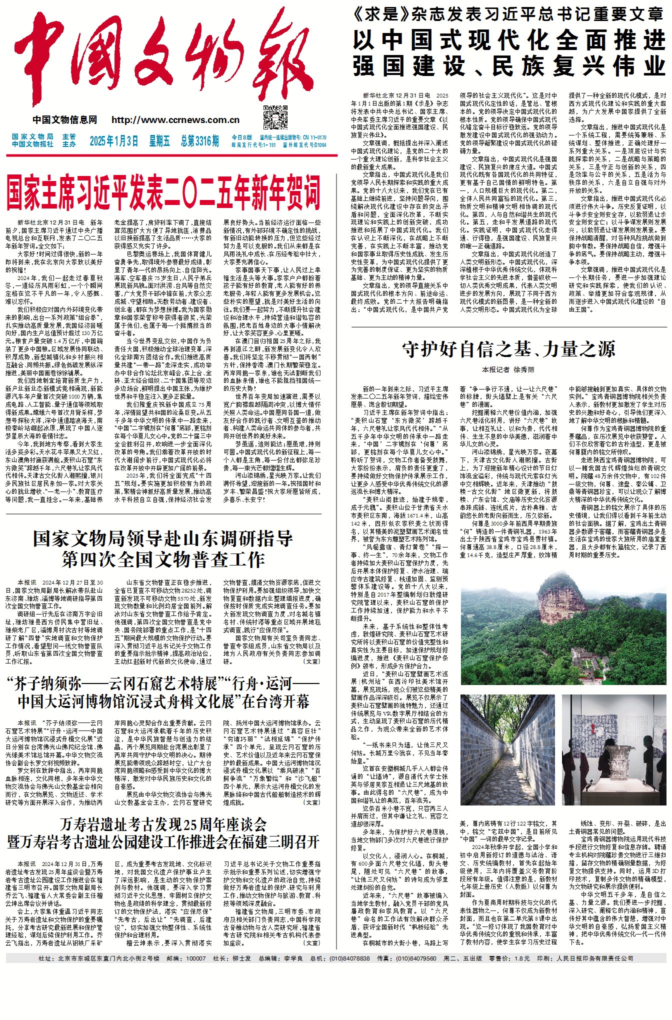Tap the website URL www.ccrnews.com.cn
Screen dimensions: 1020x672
[x=175, y=120]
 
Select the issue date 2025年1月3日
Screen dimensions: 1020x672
[x=113, y=141]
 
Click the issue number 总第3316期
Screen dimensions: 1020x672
[x=199, y=141]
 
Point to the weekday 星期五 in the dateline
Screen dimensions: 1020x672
[x=159, y=141]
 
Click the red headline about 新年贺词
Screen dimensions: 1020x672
[x=163, y=192]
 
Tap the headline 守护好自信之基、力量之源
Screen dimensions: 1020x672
[x=508, y=349]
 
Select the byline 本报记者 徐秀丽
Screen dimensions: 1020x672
[x=508, y=369]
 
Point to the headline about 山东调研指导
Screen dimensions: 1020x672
[x=163, y=548]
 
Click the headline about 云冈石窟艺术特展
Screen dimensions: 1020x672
[x=163, y=692]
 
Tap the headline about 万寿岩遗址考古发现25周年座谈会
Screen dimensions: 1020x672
[x=163, y=832]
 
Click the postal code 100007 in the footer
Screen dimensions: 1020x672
[x=195, y=958]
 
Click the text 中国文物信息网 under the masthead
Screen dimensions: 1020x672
[x=65, y=120]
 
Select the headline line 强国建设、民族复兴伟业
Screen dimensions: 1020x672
[x=508, y=66]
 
